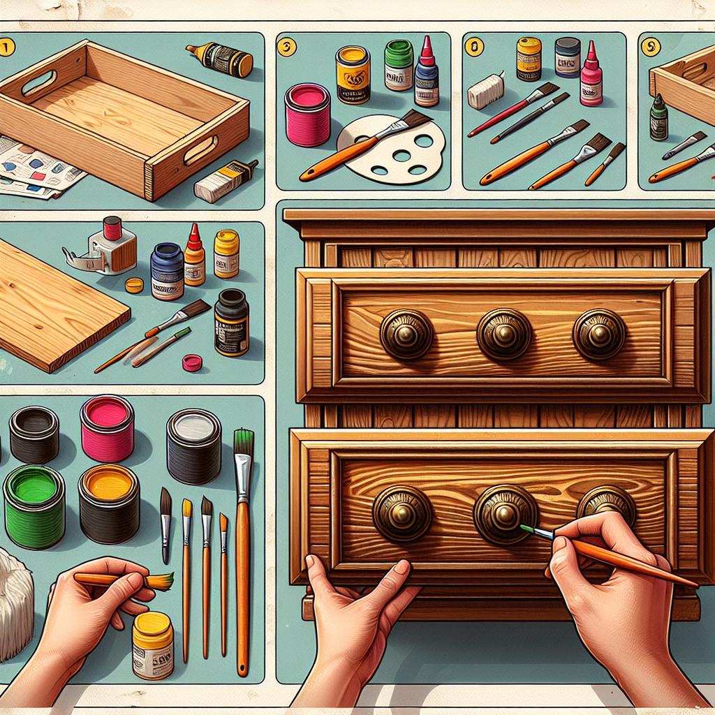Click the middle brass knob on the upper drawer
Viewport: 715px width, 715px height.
click(x=504, y=334)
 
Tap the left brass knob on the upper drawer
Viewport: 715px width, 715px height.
click(x=406, y=334)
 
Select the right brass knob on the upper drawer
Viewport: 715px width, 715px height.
click(x=599, y=334)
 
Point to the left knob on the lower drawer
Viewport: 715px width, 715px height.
click(x=401, y=513)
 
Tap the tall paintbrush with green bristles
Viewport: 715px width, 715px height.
click(x=243, y=545)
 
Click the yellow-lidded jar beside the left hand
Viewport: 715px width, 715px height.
click(x=153, y=644)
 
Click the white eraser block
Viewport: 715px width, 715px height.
click(x=485, y=91)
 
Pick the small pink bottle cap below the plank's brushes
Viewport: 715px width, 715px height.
click(x=192, y=362)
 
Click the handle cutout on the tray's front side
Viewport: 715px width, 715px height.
click(x=201, y=149)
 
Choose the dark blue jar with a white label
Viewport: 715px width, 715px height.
click(x=167, y=271)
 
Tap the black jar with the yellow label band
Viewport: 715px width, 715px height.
click(x=231, y=322)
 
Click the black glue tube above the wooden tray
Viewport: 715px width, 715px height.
click(x=219, y=59)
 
